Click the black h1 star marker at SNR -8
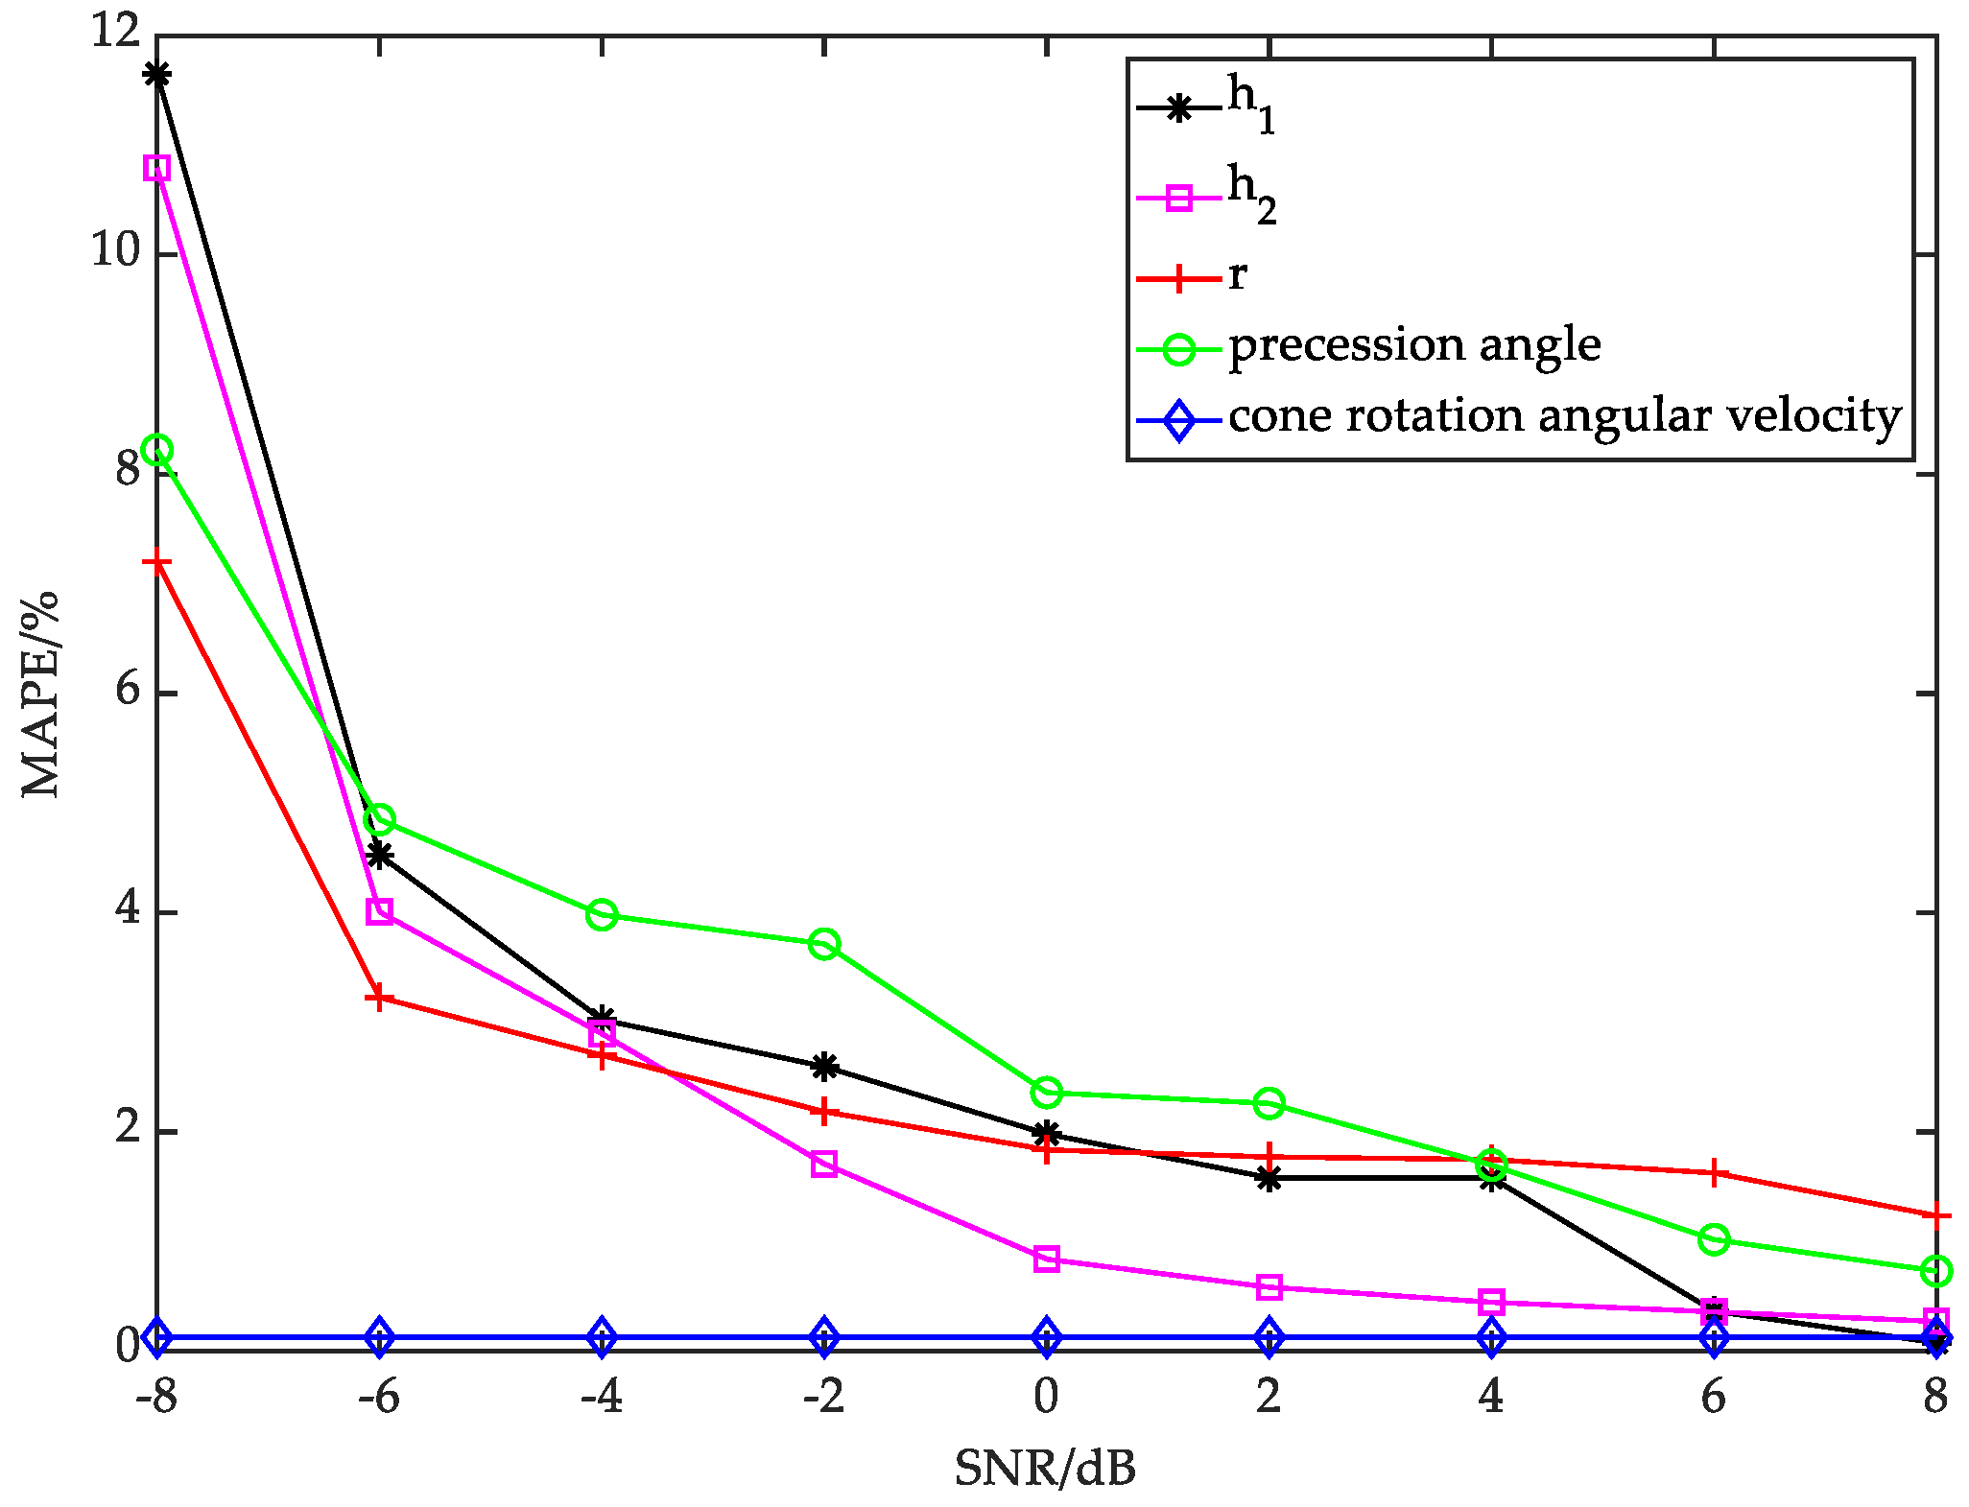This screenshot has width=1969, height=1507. point(157,75)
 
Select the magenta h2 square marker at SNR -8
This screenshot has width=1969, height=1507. point(157,168)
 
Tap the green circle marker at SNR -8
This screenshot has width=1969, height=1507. point(157,450)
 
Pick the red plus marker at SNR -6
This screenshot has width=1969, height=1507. point(380,998)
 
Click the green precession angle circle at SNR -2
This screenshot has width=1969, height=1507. point(824,944)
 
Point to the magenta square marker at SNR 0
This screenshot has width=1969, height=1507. point(1047,1259)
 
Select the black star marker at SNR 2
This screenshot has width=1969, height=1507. point(1269,1179)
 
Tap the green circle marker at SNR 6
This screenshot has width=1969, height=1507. point(1714,1239)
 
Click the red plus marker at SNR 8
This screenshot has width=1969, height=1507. point(1935,1215)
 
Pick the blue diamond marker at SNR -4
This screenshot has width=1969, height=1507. point(603,1336)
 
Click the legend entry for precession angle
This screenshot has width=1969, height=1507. point(1414,344)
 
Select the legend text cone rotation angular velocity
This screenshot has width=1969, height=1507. point(1564,415)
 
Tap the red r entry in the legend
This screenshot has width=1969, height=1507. point(1238,274)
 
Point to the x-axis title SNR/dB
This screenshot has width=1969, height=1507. point(1045,1468)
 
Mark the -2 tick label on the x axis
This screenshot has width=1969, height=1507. point(823,1397)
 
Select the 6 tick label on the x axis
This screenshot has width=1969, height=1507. point(1714,1397)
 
